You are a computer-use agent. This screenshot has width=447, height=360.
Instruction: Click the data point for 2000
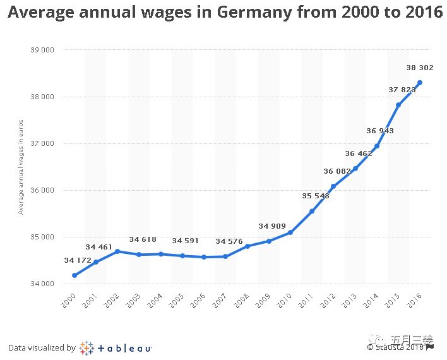point(74,275)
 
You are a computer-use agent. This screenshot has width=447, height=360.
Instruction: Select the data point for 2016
point(420,83)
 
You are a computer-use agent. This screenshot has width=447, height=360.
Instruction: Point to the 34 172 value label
point(78,260)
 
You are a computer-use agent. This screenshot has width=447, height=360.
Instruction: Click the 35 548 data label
point(316,196)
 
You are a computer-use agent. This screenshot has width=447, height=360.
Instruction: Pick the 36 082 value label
point(337,171)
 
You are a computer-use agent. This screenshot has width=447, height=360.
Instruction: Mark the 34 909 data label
point(272,226)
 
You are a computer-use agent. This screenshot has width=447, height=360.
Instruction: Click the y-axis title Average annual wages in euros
point(21,166)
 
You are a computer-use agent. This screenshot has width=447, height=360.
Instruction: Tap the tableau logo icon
point(86,348)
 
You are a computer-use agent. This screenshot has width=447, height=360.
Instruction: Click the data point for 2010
point(290,232)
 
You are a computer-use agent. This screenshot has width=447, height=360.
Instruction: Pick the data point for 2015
point(398,105)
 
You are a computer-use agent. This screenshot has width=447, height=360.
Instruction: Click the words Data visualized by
point(42,347)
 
